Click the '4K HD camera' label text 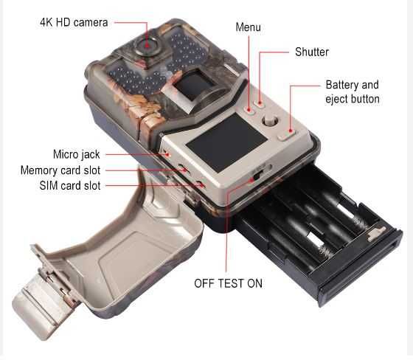pos(74,23)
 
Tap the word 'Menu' pos(248,27)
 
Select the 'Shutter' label pos(312,52)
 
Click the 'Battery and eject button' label pos(353,92)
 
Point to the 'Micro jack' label pos(77,154)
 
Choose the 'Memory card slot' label pos(60,170)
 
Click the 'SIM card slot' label pos(70,186)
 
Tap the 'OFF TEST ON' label pos(228,283)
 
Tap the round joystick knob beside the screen pos(270,121)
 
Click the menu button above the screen pos(249,110)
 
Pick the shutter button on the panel pos(260,104)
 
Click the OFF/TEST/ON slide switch pos(257,174)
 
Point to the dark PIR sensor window pos(195,85)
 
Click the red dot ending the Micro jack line pos(167,154)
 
